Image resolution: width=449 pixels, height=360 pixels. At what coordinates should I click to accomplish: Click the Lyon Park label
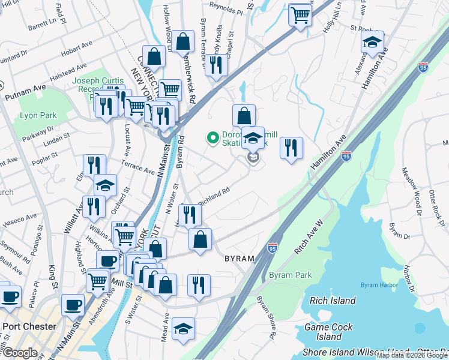point(38,115)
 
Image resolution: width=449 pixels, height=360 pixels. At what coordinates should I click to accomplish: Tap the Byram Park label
point(291,275)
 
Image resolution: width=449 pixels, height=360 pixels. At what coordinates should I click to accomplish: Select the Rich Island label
point(333,301)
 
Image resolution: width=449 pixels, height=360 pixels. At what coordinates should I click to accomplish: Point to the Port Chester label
point(29,327)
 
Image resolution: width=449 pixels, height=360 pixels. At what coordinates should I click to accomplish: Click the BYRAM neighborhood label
point(240,259)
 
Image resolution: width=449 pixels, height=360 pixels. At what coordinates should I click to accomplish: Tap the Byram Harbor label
point(376,284)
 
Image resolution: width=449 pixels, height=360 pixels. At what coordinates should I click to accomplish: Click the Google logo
point(19,353)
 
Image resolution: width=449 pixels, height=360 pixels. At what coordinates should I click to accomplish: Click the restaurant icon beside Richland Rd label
point(190,214)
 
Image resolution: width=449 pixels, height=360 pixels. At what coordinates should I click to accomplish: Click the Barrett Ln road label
point(41,27)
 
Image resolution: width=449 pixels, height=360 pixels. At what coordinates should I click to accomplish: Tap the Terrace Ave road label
point(139,171)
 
